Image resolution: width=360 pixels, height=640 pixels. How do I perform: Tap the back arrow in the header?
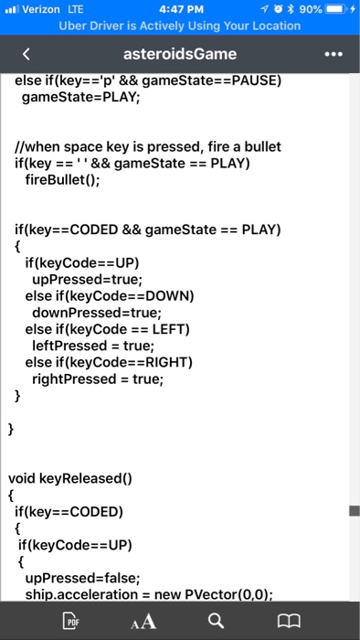pos(26,54)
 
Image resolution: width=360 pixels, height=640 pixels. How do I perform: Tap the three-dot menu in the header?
pos(334,54)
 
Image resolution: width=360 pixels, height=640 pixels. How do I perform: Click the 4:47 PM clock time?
pos(179,10)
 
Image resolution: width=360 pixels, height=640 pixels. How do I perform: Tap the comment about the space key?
pos(147,146)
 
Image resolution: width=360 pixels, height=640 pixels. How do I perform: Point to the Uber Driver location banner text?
pos(179,26)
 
